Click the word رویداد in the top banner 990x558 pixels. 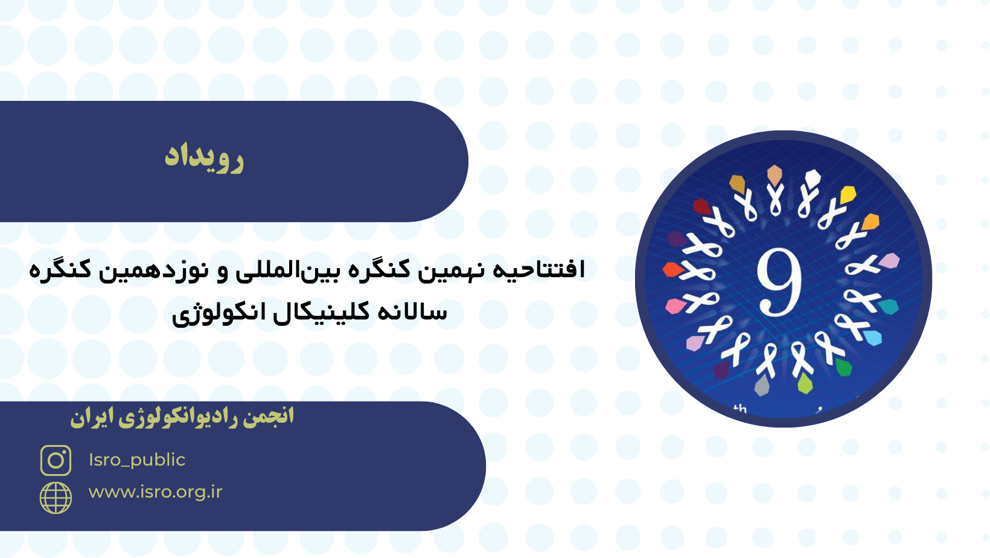204,159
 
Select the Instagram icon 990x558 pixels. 56,460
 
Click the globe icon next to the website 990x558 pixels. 56,498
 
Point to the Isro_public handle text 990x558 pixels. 137,460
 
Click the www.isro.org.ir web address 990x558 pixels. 155,492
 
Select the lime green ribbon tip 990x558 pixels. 805,383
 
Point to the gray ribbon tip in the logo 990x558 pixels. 762,386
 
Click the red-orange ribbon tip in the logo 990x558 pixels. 672,269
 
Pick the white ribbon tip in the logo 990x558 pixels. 813,178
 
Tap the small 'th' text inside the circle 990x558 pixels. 740,409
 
